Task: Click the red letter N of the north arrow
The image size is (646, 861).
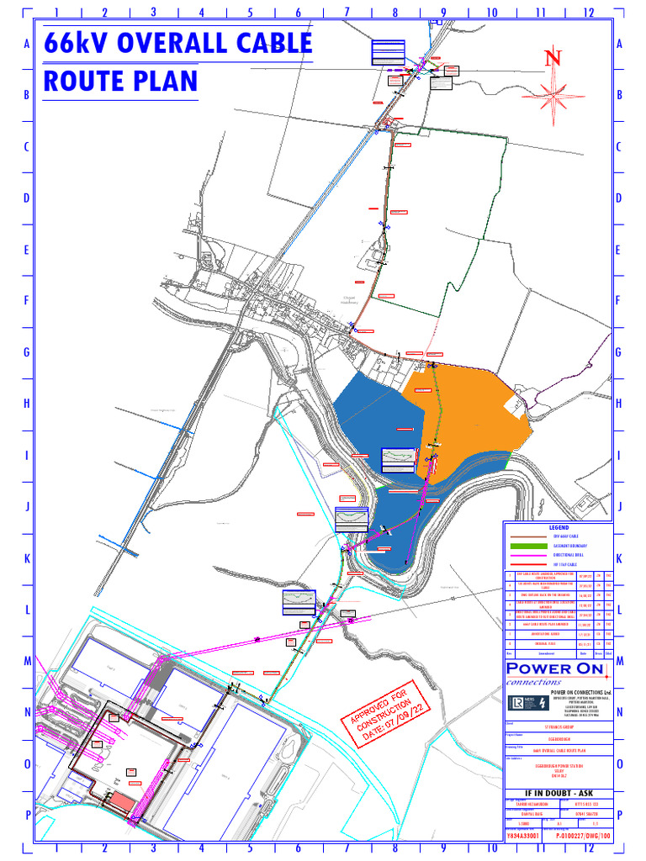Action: [553, 58]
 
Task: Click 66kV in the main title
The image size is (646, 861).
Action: [75, 43]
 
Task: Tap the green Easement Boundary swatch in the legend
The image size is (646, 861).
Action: [522, 546]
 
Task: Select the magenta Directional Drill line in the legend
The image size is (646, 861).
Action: [522, 556]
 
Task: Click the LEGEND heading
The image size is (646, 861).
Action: [559, 527]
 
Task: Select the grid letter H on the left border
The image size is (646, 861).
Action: [27, 404]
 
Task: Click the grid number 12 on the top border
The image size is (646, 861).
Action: [588, 13]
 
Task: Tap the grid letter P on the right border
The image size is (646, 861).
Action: [619, 815]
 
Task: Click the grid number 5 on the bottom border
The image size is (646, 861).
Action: [250, 848]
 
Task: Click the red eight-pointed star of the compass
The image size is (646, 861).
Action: [553, 92]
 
